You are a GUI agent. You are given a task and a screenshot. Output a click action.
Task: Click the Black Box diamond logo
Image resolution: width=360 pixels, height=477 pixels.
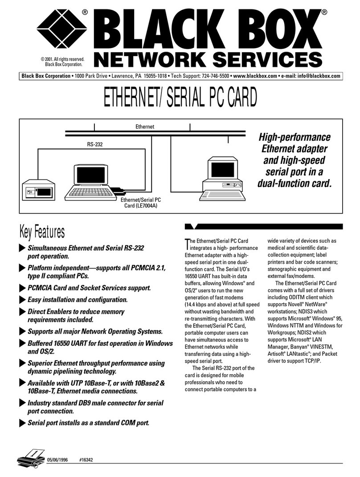(x=62, y=29)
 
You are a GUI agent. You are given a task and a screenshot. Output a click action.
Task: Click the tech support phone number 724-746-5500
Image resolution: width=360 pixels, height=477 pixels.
(x=215, y=76)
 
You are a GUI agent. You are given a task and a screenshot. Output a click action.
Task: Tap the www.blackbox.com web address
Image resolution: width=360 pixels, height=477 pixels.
(x=255, y=76)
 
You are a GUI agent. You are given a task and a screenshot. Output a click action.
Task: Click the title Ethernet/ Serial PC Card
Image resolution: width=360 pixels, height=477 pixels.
(x=180, y=98)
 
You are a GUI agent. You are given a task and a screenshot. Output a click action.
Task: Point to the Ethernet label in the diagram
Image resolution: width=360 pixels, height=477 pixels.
(x=145, y=126)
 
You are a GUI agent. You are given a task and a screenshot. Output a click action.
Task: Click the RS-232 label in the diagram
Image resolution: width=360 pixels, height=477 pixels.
(x=95, y=144)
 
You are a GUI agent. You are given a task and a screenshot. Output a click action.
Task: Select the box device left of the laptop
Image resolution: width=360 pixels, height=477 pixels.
(x=39, y=190)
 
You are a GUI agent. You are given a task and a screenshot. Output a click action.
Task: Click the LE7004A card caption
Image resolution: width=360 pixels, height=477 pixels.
(x=141, y=203)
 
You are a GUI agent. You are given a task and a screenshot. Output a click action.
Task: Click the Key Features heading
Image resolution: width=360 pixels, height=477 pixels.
(x=42, y=232)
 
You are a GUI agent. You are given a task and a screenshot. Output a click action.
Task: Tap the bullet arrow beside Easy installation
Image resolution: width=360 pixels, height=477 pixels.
(x=22, y=300)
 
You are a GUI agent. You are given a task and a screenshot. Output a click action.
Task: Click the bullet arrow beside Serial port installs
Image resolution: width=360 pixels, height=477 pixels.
(x=22, y=423)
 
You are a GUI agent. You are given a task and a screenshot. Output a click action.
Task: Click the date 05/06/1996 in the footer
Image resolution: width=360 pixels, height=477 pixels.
(x=57, y=460)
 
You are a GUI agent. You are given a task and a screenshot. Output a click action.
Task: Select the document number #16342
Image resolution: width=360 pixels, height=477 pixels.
(x=86, y=460)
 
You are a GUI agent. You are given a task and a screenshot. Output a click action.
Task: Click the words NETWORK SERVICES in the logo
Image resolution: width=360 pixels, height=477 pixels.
(x=208, y=59)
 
